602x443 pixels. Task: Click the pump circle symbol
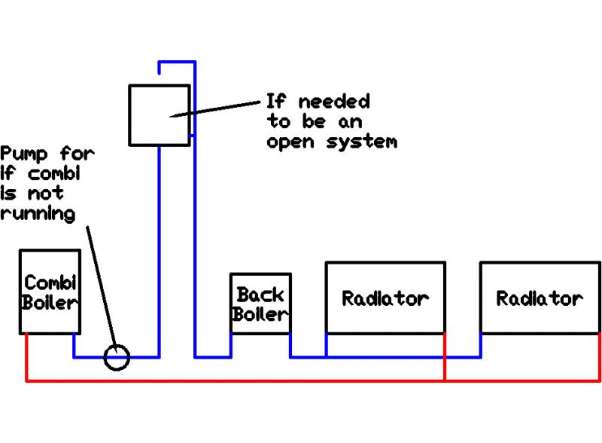point(117,357)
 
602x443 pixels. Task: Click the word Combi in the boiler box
point(50,283)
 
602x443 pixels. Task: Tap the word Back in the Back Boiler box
point(260,294)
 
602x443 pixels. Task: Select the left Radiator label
point(385,298)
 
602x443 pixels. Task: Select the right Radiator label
point(540,298)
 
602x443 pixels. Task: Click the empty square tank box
point(159,115)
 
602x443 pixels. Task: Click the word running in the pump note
point(38,213)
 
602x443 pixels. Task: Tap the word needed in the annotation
point(334,102)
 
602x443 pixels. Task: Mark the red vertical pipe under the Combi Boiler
point(27,358)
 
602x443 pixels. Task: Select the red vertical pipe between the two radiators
point(445,358)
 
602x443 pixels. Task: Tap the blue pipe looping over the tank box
point(178,62)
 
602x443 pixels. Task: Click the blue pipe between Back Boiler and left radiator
point(309,356)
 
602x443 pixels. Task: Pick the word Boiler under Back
point(260,314)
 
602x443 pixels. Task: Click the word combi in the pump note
point(50,174)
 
